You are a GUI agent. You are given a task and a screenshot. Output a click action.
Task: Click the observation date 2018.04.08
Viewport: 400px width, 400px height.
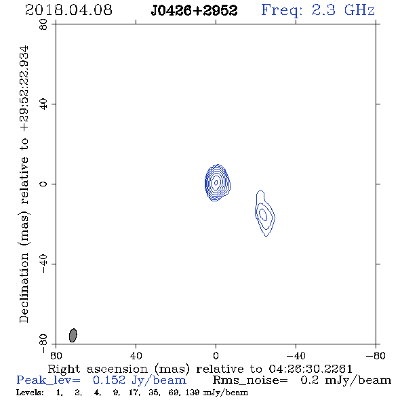(68, 10)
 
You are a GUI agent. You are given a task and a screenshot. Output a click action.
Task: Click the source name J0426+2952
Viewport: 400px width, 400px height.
(194, 11)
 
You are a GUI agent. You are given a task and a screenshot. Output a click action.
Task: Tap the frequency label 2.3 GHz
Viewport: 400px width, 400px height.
(343, 10)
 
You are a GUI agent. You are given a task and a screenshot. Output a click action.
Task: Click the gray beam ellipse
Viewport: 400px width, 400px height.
(73, 335)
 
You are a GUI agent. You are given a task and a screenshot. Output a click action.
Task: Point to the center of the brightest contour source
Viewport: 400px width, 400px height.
(216, 182)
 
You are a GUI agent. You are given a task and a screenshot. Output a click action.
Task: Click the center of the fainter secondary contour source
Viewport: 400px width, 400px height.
(264, 214)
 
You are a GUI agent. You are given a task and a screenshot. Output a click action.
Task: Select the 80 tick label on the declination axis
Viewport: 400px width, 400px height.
(43, 24)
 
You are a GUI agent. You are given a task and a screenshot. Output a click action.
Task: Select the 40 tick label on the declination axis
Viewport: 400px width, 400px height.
(43, 104)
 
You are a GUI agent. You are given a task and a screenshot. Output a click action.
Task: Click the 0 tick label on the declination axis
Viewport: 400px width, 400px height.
(43, 184)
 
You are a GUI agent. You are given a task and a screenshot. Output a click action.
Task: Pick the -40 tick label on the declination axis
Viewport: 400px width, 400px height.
(43, 264)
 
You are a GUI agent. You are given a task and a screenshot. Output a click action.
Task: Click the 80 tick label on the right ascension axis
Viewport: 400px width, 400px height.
(56, 356)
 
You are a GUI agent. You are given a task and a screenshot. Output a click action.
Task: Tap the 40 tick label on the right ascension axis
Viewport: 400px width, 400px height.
(136, 356)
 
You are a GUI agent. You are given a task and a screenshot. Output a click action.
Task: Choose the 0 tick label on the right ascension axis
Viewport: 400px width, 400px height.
(216, 356)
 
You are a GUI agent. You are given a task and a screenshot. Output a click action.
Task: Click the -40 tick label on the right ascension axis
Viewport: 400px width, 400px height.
(296, 356)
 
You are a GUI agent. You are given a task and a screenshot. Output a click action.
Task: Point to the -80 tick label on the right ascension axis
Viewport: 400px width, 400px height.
(376, 356)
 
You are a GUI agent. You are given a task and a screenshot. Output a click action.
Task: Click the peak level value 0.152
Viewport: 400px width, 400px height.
(109, 380)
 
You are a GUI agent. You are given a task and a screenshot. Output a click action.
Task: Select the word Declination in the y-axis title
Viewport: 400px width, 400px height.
(24, 287)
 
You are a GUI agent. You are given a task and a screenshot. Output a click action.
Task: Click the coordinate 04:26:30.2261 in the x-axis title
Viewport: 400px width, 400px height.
(311, 369)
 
